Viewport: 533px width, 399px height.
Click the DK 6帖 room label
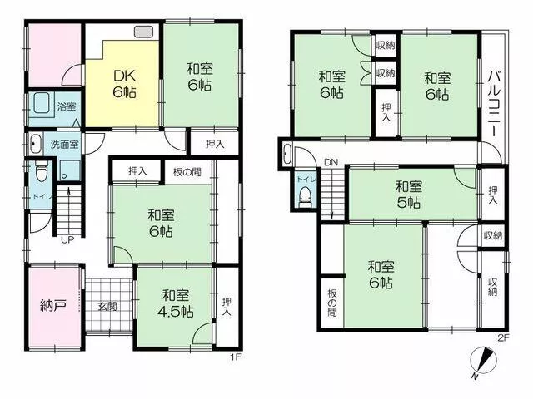125,84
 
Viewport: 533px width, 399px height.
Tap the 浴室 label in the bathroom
67,106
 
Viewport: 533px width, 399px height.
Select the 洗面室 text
65,145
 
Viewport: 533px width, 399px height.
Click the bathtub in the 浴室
42,103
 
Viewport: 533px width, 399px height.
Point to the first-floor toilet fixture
42,170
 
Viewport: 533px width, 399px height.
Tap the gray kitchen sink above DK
144,32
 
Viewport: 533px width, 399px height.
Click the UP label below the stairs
67,240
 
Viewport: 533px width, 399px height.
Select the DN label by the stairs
331,163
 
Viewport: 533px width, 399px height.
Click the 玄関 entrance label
107,307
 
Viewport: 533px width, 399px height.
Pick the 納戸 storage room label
53,306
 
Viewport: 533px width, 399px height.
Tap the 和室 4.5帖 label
176,303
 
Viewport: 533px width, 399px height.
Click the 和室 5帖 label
409,195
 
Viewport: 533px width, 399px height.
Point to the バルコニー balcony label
494,103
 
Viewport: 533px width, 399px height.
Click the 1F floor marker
236,357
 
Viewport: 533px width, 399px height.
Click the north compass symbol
483,360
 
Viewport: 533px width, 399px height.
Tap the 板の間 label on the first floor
187,172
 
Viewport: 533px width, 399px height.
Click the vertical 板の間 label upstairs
332,303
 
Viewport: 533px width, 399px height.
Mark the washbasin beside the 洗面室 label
34,144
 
